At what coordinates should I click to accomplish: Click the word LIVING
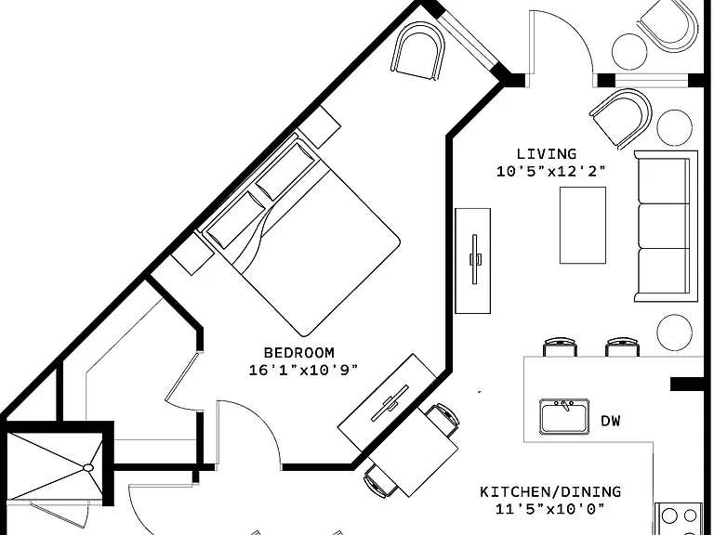(x=547, y=154)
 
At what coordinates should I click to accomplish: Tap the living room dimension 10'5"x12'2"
(x=551, y=172)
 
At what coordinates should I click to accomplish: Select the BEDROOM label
(x=299, y=353)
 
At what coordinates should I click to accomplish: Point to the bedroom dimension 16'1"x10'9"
(x=303, y=370)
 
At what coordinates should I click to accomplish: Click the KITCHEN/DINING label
(x=550, y=491)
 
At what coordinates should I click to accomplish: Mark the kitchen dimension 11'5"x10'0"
(x=550, y=509)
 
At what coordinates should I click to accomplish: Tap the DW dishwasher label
(x=611, y=421)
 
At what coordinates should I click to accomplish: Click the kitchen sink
(x=563, y=416)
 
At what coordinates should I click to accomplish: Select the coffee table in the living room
(x=582, y=225)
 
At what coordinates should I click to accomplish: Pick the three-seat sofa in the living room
(x=666, y=226)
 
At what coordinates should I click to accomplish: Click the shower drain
(x=88, y=467)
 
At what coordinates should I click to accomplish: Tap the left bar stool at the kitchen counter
(x=560, y=347)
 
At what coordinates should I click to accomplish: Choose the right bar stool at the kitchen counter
(x=622, y=347)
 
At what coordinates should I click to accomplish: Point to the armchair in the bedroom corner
(x=418, y=50)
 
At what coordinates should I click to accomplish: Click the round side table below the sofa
(x=674, y=333)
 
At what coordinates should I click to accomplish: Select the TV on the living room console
(x=474, y=259)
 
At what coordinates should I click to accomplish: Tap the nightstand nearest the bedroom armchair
(x=320, y=126)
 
